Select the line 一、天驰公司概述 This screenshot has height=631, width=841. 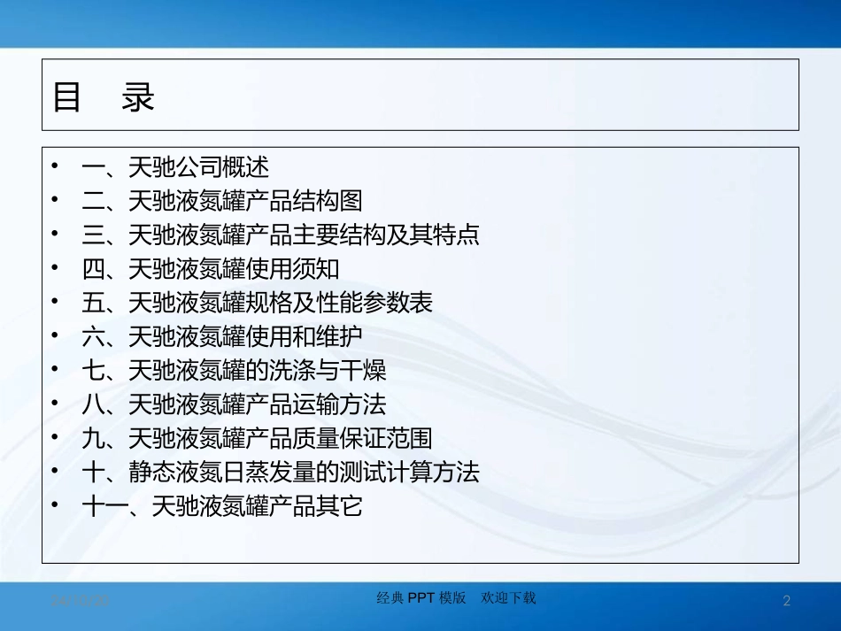[174, 167]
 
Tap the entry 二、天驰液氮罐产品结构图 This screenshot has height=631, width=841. [221, 201]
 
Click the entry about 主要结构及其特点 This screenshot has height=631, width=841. [280, 235]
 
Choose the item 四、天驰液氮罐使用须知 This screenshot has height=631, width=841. [210, 269]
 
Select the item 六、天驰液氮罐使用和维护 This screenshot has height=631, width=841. [221, 337]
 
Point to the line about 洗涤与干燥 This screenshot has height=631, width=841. [233, 371]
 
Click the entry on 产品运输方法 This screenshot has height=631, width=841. [233, 405]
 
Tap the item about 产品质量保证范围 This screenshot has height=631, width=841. [257, 439]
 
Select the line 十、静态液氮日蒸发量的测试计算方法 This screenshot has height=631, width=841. [280, 473]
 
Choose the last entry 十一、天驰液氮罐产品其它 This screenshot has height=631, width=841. [221, 507]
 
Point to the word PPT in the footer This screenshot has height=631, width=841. [420, 598]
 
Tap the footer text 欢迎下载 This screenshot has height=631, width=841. [508, 598]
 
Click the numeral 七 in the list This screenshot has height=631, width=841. [93, 371]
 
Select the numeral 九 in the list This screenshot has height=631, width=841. [93, 439]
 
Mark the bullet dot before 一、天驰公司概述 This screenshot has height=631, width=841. [56, 165]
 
